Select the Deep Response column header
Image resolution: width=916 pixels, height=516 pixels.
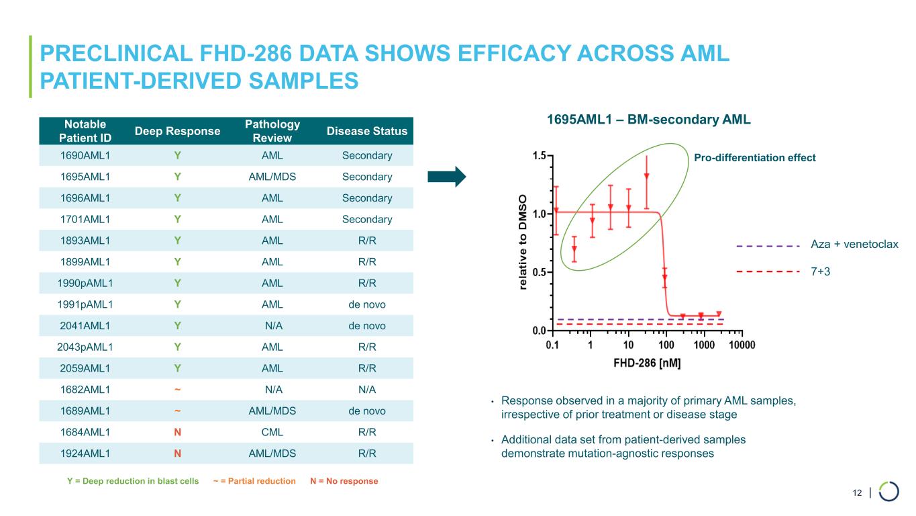[178, 131]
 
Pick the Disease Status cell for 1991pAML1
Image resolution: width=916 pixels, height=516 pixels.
[367, 304]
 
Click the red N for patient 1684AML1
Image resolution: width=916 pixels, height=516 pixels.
[178, 431]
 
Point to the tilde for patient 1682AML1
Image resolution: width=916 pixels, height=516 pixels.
[178, 389]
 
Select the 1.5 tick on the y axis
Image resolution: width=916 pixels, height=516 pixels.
[538, 156]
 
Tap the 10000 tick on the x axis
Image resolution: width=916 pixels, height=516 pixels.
[742, 345]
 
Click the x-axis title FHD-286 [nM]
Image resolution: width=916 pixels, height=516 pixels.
[646, 363]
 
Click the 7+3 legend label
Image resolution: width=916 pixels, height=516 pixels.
[822, 271]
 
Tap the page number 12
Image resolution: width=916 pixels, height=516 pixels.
[857, 493]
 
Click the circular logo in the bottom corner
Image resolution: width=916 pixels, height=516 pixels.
[888, 491]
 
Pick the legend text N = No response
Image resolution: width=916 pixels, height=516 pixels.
[344, 481]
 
